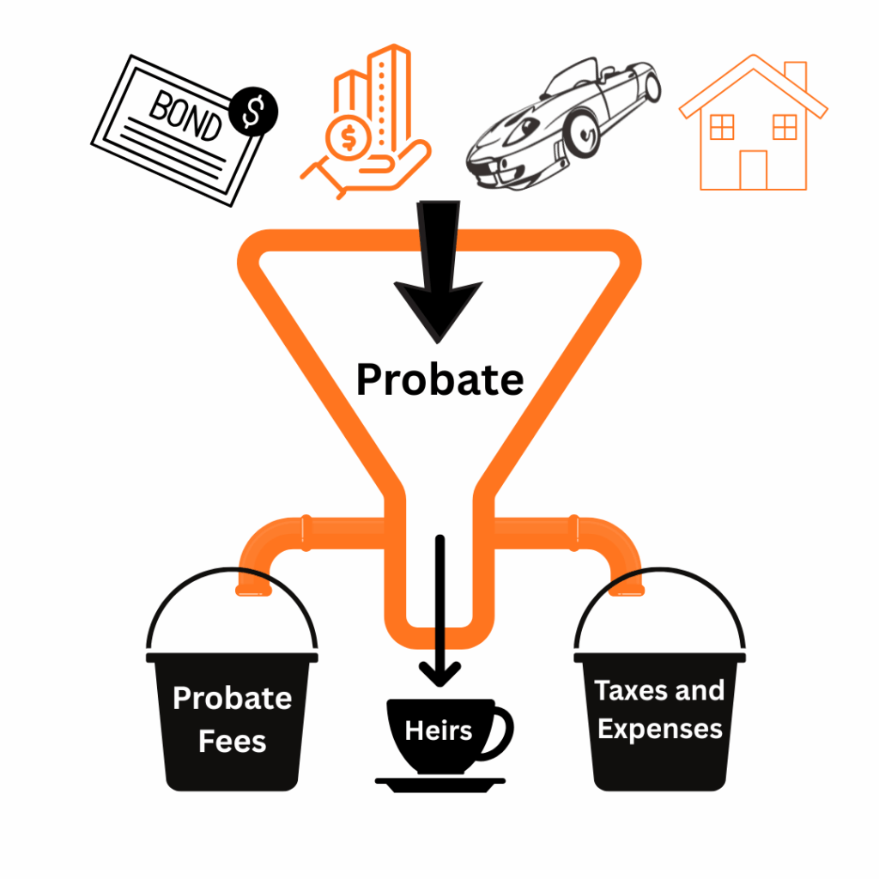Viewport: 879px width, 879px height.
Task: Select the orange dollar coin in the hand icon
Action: (x=349, y=137)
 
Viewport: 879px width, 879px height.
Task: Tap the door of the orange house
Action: (x=753, y=169)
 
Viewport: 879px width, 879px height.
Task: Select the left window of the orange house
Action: (x=722, y=127)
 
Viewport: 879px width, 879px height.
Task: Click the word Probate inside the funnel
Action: (x=439, y=379)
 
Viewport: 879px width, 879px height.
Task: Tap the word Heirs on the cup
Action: (x=439, y=731)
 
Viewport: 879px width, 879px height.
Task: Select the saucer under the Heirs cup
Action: (x=440, y=783)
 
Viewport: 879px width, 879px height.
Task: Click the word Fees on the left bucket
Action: (x=232, y=741)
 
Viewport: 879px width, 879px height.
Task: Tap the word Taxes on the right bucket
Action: (x=627, y=691)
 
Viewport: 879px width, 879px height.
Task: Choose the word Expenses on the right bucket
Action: (x=660, y=730)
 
